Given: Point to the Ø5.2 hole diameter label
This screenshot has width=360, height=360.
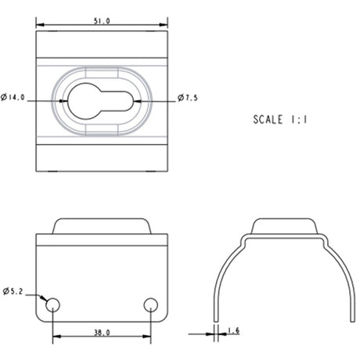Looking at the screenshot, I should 15,292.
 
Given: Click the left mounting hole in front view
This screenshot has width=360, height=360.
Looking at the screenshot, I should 52,304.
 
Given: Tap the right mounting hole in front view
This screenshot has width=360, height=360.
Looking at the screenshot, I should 152,304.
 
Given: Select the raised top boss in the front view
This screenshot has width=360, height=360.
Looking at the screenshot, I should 102,227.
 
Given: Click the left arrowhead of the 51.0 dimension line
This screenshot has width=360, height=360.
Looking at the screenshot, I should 39,26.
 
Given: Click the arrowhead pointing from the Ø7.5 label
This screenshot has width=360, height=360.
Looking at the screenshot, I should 141,99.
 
